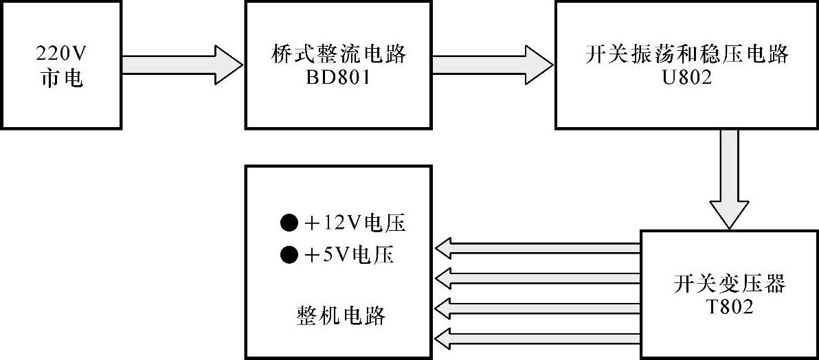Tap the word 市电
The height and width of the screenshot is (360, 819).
click(x=62, y=77)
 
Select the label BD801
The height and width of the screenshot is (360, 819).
click(x=339, y=78)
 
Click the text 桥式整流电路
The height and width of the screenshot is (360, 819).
click(x=339, y=54)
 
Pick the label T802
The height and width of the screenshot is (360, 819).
click(x=729, y=307)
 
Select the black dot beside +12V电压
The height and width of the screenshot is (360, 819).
click(x=289, y=223)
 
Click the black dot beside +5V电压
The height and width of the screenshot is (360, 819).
click(x=289, y=256)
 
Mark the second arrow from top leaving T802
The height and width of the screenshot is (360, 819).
click(x=539, y=278)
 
